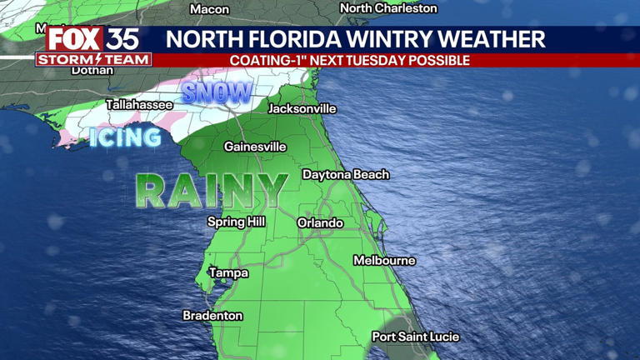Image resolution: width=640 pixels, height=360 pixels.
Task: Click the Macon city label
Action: pyautogui.click(x=209, y=9)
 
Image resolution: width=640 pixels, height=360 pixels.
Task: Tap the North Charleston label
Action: pyautogui.click(x=388, y=8)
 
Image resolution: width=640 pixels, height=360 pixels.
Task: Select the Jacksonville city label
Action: pyautogui.click(x=302, y=108)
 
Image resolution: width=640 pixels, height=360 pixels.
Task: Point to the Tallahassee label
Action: pyautogui.click(x=139, y=105)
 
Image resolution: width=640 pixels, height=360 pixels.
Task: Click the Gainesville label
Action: pyautogui.click(x=255, y=147)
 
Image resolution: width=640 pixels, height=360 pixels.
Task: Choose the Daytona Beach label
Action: pyautogui.click(x=345, y=175)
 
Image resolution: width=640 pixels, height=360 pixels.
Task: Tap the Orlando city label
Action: pyautogui.click(x=320, y=222)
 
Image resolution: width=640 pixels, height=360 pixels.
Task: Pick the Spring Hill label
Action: pyautogui.click(x=237, y=222)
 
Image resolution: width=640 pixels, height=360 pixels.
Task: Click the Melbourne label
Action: pyautogui.click(x=384, y=261)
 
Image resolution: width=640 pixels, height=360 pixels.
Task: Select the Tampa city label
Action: pyautogui.click(x=228, y=272)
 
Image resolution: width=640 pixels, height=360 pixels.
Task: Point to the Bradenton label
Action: pyautogui.click(x=212, y=316)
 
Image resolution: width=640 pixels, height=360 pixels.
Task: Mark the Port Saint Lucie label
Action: pyautogui.click(x=416, y=337)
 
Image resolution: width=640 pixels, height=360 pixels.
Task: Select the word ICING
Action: pyautogui.click(x=125, y=137)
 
